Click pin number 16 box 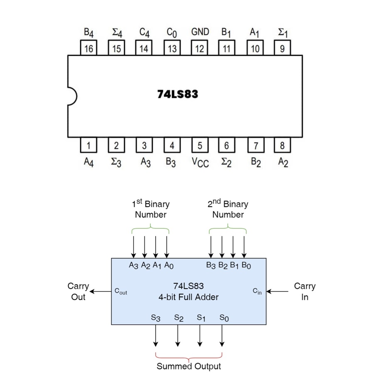[89, 48]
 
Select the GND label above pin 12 [200, 32]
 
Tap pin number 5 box [200, 145]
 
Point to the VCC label [200, 162]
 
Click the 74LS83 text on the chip [178, 94]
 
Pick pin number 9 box [282, 48]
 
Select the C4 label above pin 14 [144, 33]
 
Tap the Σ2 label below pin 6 [226, 162]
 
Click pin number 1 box [89, 145]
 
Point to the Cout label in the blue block [121, 292]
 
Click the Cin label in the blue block [258, 291]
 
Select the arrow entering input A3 [134, 247]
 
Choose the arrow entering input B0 [244, 247]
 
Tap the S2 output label [179, 318]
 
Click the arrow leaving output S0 [222, 335]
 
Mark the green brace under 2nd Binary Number [228, 230]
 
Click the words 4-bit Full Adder [188, 297]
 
